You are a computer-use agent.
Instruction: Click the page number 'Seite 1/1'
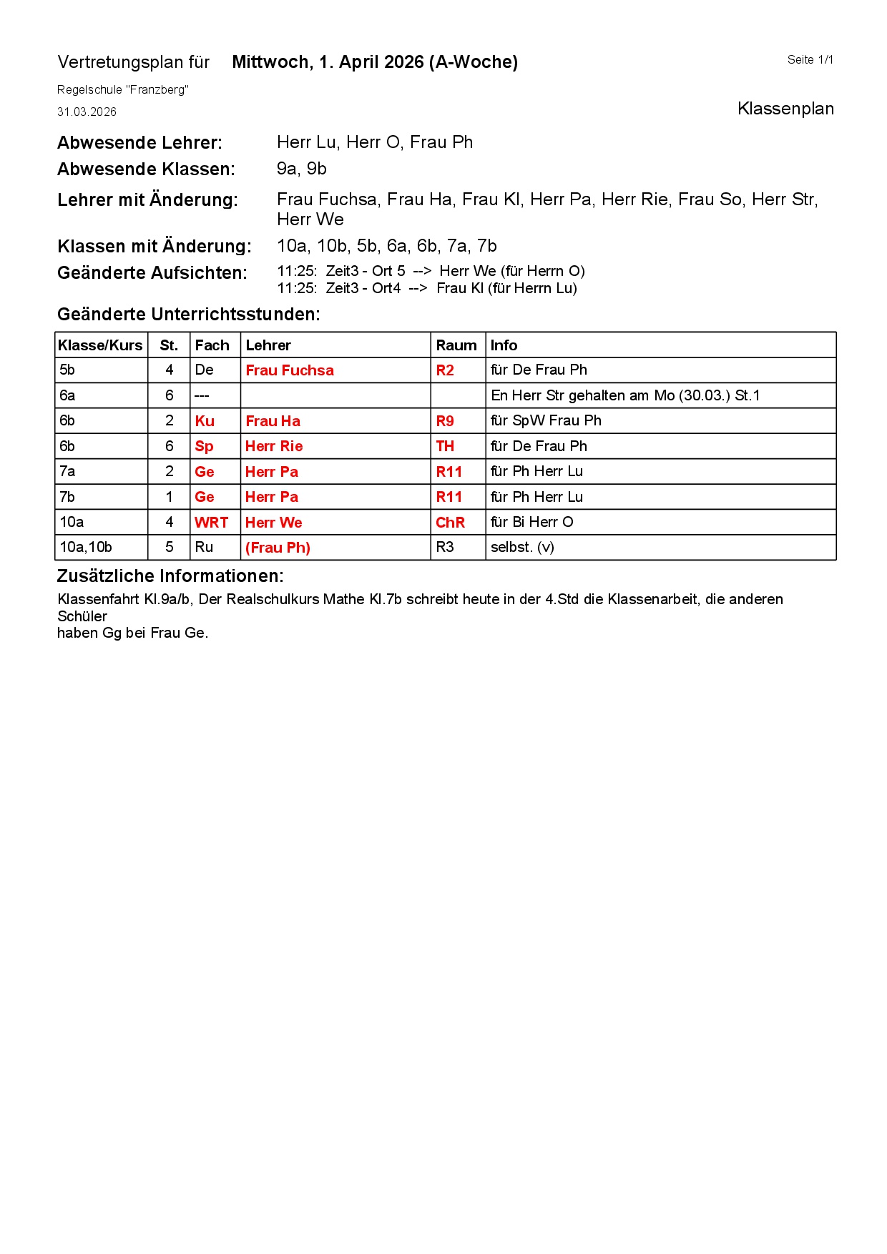tap(810, 60)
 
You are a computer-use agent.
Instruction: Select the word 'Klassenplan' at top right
tap(785, 109)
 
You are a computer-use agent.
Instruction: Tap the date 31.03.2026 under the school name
tap(87, 112)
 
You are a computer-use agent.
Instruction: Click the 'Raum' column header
tap(456, 345)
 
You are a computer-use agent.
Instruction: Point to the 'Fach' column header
tap(212, 345)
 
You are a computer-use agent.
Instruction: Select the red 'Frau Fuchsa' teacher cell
tap(290, 370)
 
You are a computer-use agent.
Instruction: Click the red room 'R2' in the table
tap(445, 370)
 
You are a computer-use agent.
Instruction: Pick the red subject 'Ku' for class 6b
tap(205, 421)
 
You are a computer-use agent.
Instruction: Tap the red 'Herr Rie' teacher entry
tap(274, 446)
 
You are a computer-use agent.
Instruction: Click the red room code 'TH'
tap(445, 446)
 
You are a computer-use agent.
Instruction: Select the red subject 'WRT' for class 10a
tap(211, 523)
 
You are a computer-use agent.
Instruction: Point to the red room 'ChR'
tap(450, 523)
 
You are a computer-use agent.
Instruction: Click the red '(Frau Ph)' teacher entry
tap(278, 548)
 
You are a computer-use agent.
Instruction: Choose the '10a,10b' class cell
tap(86, 548)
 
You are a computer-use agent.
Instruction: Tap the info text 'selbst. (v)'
tap(522, 548)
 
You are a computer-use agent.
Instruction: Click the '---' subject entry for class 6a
tap(202, 396)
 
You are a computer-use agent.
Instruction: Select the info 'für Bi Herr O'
tap(531, 523)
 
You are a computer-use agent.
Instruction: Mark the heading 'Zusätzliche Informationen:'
tap(170, 576)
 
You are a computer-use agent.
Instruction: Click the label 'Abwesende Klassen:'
tap(146, 169)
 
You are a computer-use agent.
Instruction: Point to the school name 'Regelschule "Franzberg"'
tap(123, 90)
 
